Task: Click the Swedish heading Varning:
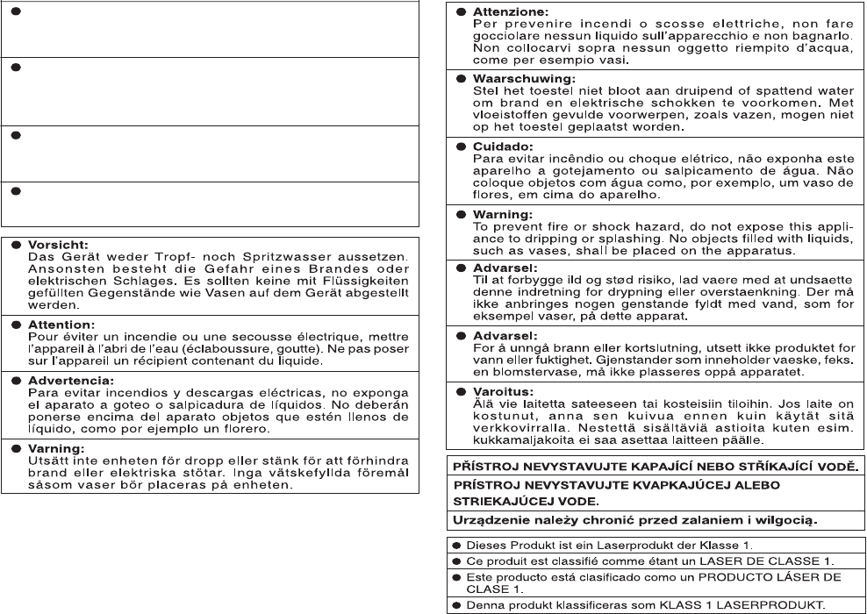pos(54,448)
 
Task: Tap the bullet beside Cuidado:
pos(461,146)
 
